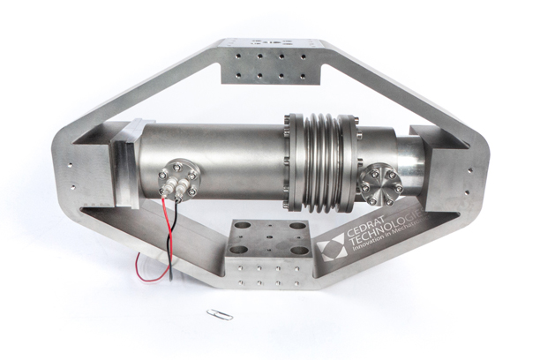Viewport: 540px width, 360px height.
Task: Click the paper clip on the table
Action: (215, 313)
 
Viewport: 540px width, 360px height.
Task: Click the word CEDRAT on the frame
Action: (357, 231)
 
